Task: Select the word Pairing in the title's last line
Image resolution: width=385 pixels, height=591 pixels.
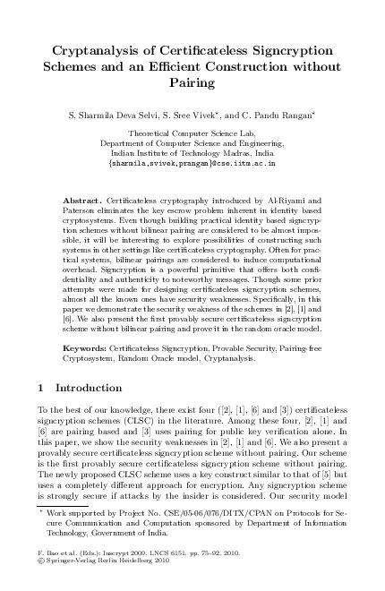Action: tap(192, 83)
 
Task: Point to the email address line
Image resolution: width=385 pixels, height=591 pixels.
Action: tap(192, 164)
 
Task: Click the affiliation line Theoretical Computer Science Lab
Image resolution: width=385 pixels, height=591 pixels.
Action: tap(192, 132)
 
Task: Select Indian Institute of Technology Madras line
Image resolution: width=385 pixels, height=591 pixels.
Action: tap(192, 153)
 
